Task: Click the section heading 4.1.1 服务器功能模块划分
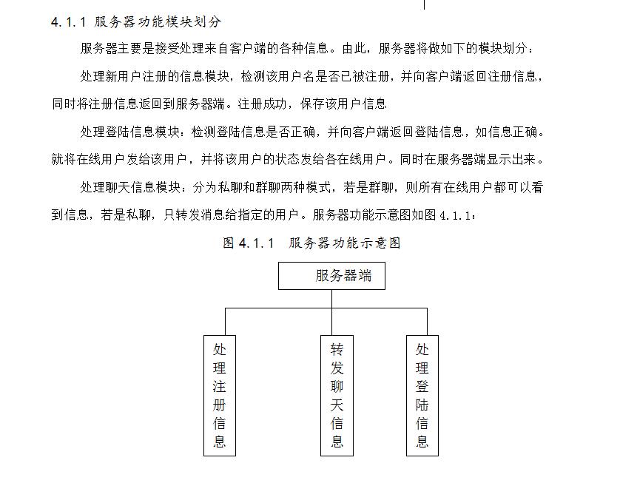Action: click(136, 21)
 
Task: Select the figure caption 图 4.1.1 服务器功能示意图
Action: click(311, 243)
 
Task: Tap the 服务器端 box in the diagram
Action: click(331, 275)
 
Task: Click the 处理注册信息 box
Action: click(220, 396)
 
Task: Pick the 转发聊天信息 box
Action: click(337, 396)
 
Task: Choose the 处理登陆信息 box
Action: click(422, 396)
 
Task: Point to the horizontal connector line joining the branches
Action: click(326, 308)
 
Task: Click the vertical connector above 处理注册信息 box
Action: click(226, 322)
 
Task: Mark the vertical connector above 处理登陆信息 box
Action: click(427, 322)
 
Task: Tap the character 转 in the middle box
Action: click(337, 349)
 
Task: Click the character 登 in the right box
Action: click(422, 386)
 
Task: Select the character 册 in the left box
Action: click(220, 405)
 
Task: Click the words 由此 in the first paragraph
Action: click(354, 48)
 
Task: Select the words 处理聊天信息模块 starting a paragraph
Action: click(130, 187)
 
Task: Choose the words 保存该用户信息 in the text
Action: click(343, 104)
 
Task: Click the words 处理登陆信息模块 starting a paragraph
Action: click(130, 132)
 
